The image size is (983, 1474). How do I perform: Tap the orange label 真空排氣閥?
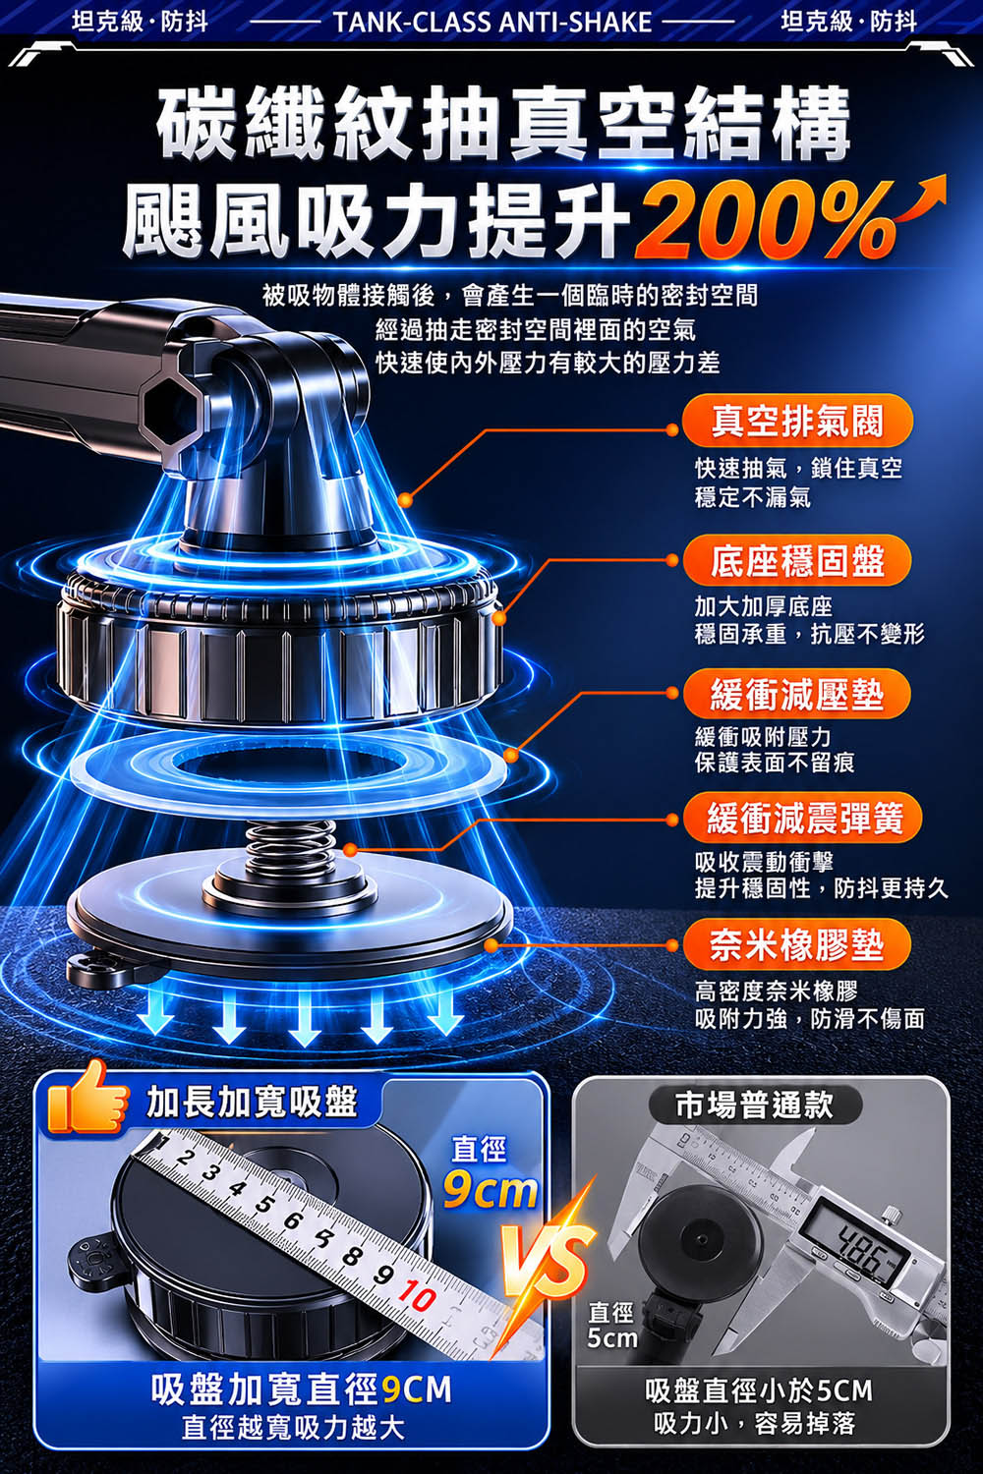click(796, 421)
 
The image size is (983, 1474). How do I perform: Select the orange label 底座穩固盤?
click(796, 561)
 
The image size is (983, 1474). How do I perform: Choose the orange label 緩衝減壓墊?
click(796, 695)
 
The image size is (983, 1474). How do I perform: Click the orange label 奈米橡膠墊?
click(796, 945)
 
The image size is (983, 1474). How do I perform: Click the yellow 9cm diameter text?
click(490, 1190)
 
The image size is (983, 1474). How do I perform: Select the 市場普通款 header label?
click(755, 1105)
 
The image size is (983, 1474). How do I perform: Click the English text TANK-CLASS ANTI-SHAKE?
click(491, 23)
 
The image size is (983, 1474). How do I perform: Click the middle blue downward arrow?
click(303, 1022)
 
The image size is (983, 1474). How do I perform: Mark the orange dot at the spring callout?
click(351, 851)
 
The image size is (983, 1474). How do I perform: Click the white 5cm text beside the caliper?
click(611, 1337)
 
